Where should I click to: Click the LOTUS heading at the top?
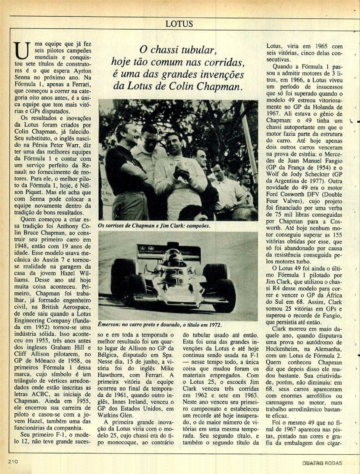(179, 24)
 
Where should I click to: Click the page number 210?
(13, 461)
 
